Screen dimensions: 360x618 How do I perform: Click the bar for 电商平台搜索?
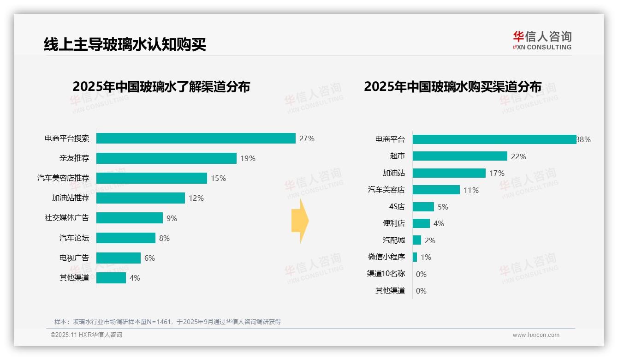coord(196,138)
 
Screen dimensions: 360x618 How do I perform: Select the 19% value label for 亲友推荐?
coord(248,158)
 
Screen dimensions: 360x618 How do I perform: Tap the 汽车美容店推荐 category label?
coord(63,178)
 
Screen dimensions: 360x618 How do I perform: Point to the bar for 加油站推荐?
coord(140,198)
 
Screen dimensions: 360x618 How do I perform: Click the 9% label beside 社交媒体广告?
coord(172,218)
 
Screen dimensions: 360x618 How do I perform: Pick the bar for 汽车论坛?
coord(125,238)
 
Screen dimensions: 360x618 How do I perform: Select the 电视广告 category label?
coord(74,258)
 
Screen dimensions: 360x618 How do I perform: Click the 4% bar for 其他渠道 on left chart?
coord(111,278)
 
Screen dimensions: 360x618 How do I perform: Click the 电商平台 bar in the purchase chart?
coord(494,139)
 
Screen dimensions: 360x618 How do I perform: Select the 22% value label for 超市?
coord(518,156)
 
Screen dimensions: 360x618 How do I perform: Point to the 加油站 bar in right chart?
coord(449,173)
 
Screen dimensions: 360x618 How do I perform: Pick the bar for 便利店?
coord(421,223)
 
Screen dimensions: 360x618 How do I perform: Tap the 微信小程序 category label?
coord(386,257)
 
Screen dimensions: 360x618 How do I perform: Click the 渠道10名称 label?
coord(386,274)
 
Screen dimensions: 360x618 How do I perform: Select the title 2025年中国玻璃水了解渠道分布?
coord(161,87)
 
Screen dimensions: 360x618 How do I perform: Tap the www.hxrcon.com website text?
coord(536,335)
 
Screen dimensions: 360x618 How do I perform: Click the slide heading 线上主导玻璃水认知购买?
coord(125,45)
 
